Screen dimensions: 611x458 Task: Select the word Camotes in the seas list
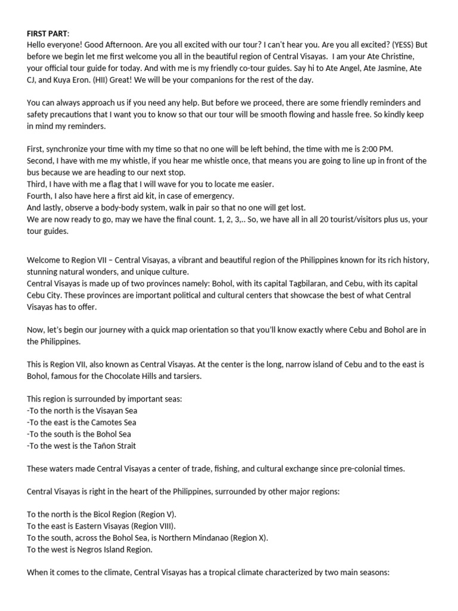[104, 422]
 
